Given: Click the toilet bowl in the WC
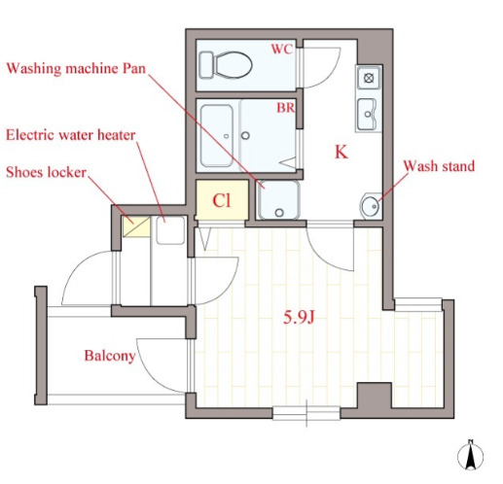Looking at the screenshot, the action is [233, 65].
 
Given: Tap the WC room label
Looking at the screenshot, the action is [282, 49].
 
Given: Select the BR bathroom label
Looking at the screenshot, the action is [286, 108].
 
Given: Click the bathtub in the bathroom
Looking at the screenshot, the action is [217, 135].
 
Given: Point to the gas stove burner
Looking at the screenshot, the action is [369, 78].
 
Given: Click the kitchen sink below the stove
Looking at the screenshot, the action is [368, 114].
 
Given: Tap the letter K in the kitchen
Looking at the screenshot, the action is [341, 152].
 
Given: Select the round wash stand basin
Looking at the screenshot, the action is [370, 206].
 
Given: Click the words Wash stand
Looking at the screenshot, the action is [439, 166].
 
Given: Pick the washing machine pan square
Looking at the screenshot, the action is [278, 200].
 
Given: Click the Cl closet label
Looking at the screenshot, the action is [222, 200].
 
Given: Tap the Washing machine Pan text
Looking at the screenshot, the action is [76, 69].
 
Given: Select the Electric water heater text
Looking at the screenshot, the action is [71, 135].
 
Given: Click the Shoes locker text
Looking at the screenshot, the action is [46, 172].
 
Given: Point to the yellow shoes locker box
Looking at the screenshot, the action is [136, 226].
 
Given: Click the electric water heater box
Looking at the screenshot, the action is [170, 230].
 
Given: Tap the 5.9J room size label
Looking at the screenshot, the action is [299, 318].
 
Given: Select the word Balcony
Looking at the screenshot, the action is [110, 356].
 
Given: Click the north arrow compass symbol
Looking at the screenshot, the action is [470, 455].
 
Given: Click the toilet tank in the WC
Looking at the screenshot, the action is [205, 65].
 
